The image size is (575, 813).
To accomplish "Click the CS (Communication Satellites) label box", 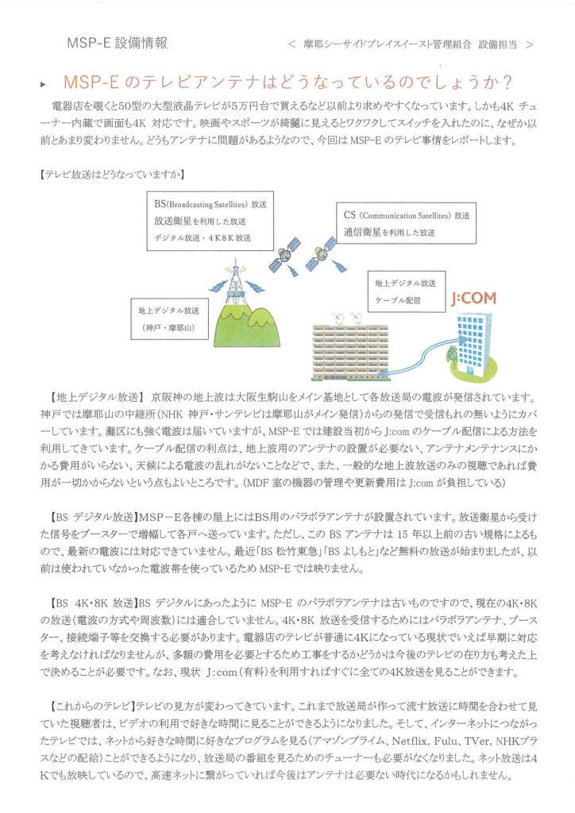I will (406, 222).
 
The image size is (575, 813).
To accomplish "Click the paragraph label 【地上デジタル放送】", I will (95, 396).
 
